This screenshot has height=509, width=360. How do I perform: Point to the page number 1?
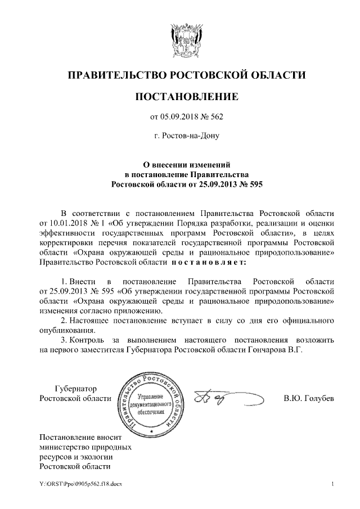[334, 484]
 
